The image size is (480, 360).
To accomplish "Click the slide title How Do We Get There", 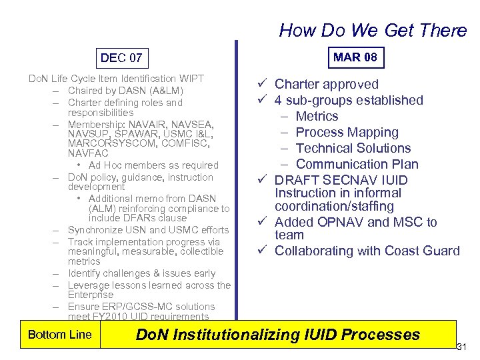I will (x=373, y=30).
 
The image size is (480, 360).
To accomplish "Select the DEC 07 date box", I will (x=121, y=58).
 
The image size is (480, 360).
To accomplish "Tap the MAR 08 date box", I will (x=355, y=57).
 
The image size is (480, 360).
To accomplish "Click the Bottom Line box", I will (x=59, y=335).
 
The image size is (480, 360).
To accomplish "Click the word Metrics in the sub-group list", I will (x=317, y=116).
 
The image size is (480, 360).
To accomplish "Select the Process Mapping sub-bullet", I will (x=347, y=132).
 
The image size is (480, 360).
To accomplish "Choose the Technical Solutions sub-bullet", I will (x=353, y=148).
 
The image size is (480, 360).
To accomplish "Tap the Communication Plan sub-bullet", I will (x=357, y=164).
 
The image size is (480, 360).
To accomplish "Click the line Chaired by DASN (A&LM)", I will (x=125, y=90).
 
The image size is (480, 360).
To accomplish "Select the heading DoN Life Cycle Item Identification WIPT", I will (x=116, y=79).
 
